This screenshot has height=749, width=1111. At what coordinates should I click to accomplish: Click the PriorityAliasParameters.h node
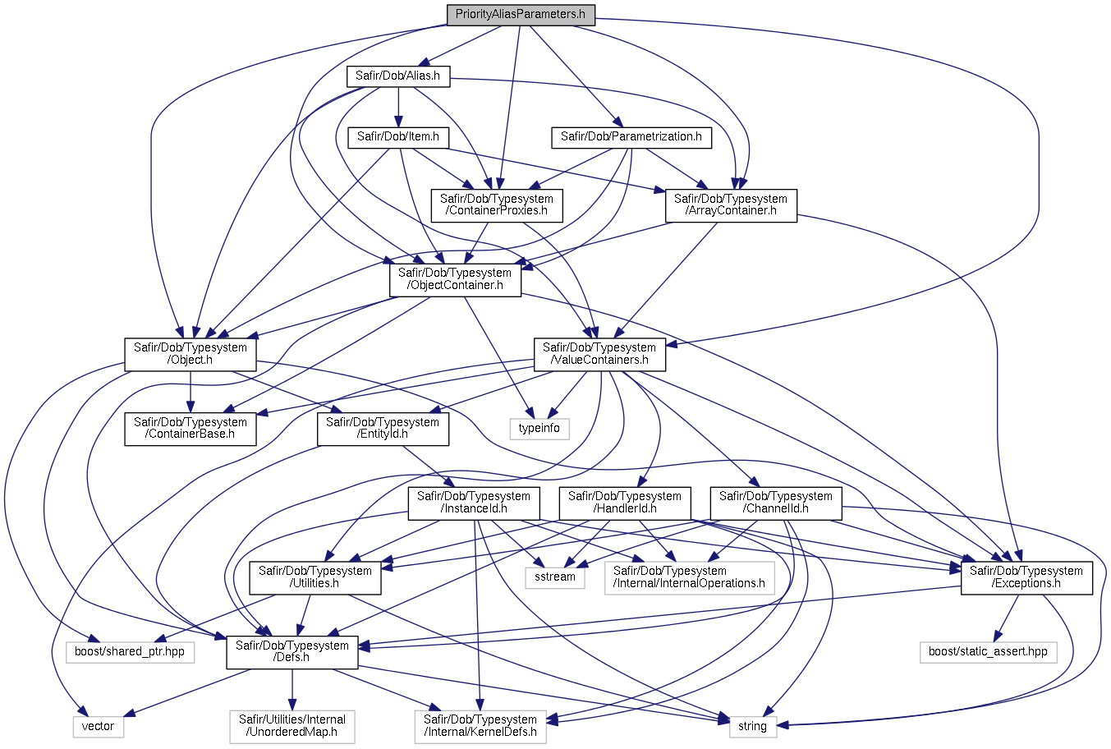[521, 15]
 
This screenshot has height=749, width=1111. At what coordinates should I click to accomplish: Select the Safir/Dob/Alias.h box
[397, 76]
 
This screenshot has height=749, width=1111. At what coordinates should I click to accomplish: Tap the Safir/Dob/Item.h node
[397, 136]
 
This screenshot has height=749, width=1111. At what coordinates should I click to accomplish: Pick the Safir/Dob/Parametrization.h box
[631, 136]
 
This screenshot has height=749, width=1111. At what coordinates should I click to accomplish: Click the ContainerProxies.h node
[496, 204]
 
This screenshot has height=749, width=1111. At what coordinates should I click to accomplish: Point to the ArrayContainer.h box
[730, 204]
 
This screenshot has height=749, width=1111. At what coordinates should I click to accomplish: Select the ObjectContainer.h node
[454, 279]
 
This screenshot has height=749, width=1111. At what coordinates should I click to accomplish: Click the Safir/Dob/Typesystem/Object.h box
[191, 353]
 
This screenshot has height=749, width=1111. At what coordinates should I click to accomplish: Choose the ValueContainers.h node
[599, 353]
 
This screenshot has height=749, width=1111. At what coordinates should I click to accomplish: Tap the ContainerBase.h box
[191, 428]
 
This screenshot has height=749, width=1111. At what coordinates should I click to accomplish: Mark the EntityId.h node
[383, 428]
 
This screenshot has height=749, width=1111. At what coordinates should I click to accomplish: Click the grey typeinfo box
[539, 428]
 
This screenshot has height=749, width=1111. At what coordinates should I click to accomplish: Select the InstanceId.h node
[474, 502]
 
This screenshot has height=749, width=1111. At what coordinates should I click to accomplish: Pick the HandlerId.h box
[624, 502]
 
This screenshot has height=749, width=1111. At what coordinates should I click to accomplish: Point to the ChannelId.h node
[775, 502]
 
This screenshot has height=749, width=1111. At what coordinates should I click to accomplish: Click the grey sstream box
[555, 577]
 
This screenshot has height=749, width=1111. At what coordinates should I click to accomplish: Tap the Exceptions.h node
[1026, 577]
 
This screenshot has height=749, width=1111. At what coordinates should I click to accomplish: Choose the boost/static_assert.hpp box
[988, 651]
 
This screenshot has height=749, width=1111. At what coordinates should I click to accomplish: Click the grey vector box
[98, 726]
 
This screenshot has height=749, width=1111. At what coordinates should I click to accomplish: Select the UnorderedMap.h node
[292, 725]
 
